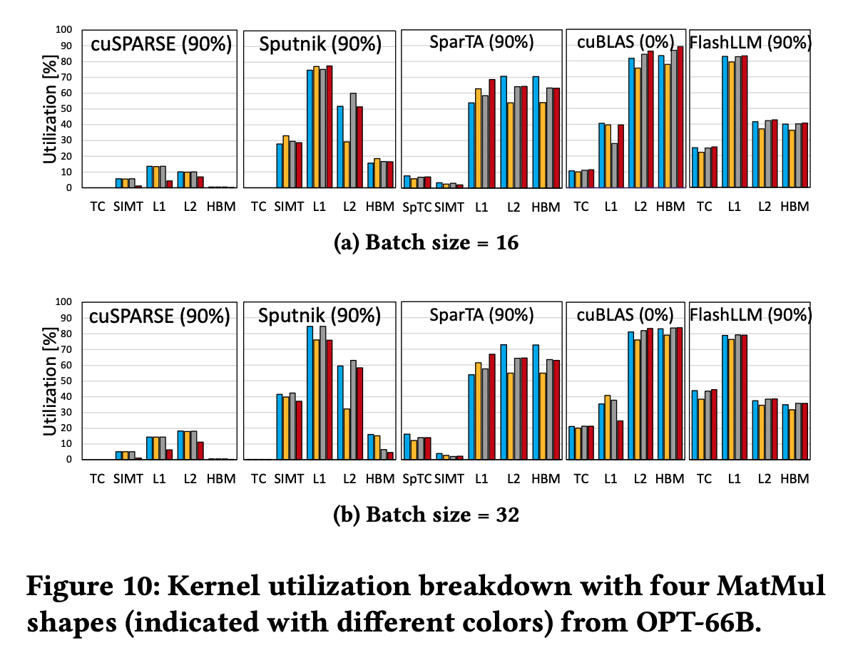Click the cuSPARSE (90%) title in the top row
161,44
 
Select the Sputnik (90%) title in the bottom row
320,316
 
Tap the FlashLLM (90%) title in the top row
750,42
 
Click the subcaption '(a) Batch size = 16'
426,243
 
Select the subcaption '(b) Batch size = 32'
426,515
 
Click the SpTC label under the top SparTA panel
417,207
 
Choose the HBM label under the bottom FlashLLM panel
795,479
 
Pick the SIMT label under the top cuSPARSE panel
128,207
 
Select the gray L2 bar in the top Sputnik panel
352,140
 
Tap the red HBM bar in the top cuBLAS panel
680,117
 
